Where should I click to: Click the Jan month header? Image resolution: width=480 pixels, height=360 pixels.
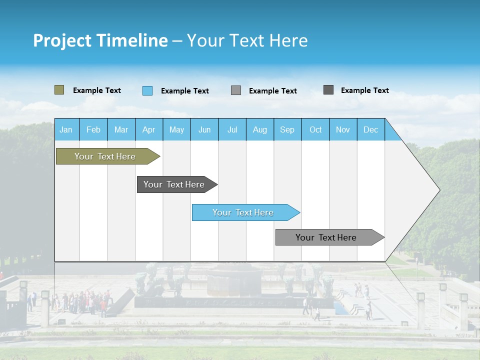66,130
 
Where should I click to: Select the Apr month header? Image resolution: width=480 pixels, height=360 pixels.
148,130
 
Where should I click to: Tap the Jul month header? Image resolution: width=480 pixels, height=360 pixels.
232,130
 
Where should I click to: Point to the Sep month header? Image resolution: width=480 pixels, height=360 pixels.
287,130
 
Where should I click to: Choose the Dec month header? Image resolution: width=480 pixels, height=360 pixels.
370,130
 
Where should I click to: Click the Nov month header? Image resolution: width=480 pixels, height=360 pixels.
342,130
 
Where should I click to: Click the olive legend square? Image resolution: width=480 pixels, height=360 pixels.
59,90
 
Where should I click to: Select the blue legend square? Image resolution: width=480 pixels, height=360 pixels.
147,90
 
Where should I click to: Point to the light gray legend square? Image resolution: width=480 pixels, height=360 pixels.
236,90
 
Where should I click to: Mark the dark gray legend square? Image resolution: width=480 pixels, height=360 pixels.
328,90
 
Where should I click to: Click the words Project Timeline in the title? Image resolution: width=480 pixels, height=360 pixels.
100,40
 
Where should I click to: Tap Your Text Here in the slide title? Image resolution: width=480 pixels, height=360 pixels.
247,40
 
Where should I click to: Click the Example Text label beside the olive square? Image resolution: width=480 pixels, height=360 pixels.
97,90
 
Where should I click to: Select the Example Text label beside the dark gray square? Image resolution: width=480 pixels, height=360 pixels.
364,90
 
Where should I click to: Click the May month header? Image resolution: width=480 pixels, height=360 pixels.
176,130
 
